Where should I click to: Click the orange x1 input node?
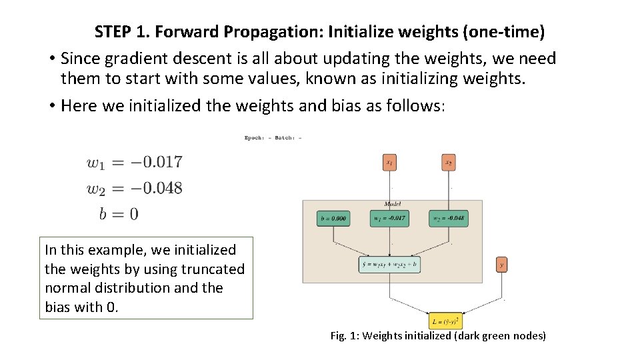coord(390,163)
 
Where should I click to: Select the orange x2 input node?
coord(449,163)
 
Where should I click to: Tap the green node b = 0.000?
coord(333,218)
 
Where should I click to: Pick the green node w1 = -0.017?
coord(390,218)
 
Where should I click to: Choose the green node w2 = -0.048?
coord(448,218)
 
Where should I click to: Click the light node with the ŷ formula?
coord(389,265)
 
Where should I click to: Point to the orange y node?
coord(501,265)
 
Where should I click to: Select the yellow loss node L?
coord(445,321)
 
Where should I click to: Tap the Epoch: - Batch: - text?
coord(273,138)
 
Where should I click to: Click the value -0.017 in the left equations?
coord(156,162)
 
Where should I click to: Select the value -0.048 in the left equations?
coord(156,188)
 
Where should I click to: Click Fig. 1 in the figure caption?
coord(343,336)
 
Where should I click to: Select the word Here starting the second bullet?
coord(79,105)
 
